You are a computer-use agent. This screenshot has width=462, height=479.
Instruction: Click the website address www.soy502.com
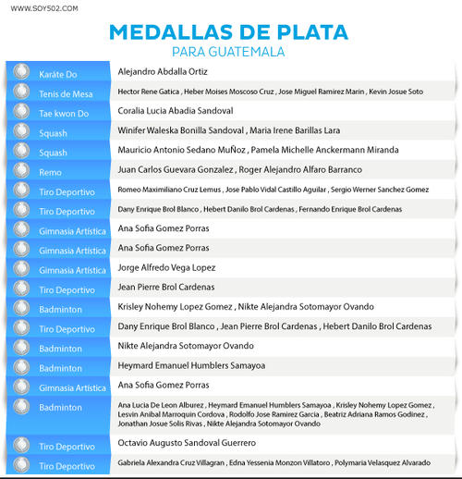click(44, 7)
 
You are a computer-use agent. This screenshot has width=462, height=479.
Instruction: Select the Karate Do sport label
click(57, 72)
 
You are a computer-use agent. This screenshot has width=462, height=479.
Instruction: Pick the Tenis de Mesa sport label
click(66, 93)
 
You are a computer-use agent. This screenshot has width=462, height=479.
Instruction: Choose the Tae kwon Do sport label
click(64, 113)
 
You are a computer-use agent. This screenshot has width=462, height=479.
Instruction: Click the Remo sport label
click(50, 172)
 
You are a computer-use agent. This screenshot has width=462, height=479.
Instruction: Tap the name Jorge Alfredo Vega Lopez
click(166, 267)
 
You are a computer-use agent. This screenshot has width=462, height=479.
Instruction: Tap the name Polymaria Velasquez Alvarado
click(381, 462)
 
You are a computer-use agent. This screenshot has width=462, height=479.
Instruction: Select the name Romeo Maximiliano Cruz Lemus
click(169, 190)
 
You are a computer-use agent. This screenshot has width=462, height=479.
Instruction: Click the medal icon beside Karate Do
click(21, 72)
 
